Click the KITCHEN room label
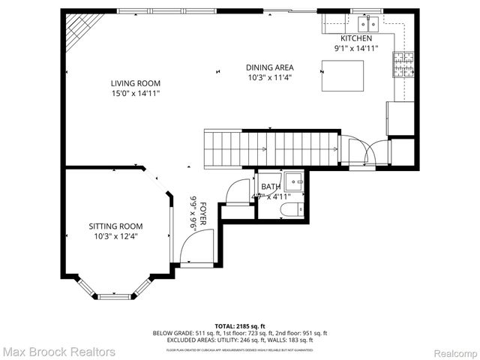355,38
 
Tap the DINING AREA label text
269,67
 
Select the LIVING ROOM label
136,83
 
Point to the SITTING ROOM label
115,226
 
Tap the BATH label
270,187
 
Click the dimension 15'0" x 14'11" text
136,94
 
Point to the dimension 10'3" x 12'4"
115,236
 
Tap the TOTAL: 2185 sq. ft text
239,326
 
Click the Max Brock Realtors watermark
58,351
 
